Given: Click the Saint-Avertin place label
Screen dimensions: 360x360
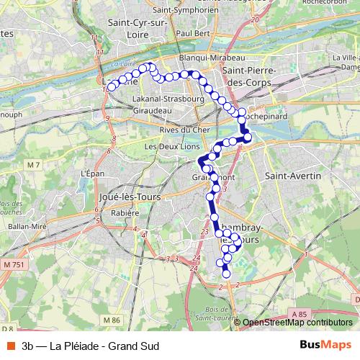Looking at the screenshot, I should (292, 175).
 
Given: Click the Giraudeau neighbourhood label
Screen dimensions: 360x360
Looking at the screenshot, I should (152, 111).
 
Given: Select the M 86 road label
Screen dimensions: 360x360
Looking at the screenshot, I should (111, 320).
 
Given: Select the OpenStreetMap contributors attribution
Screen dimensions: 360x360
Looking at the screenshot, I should (297, 323).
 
